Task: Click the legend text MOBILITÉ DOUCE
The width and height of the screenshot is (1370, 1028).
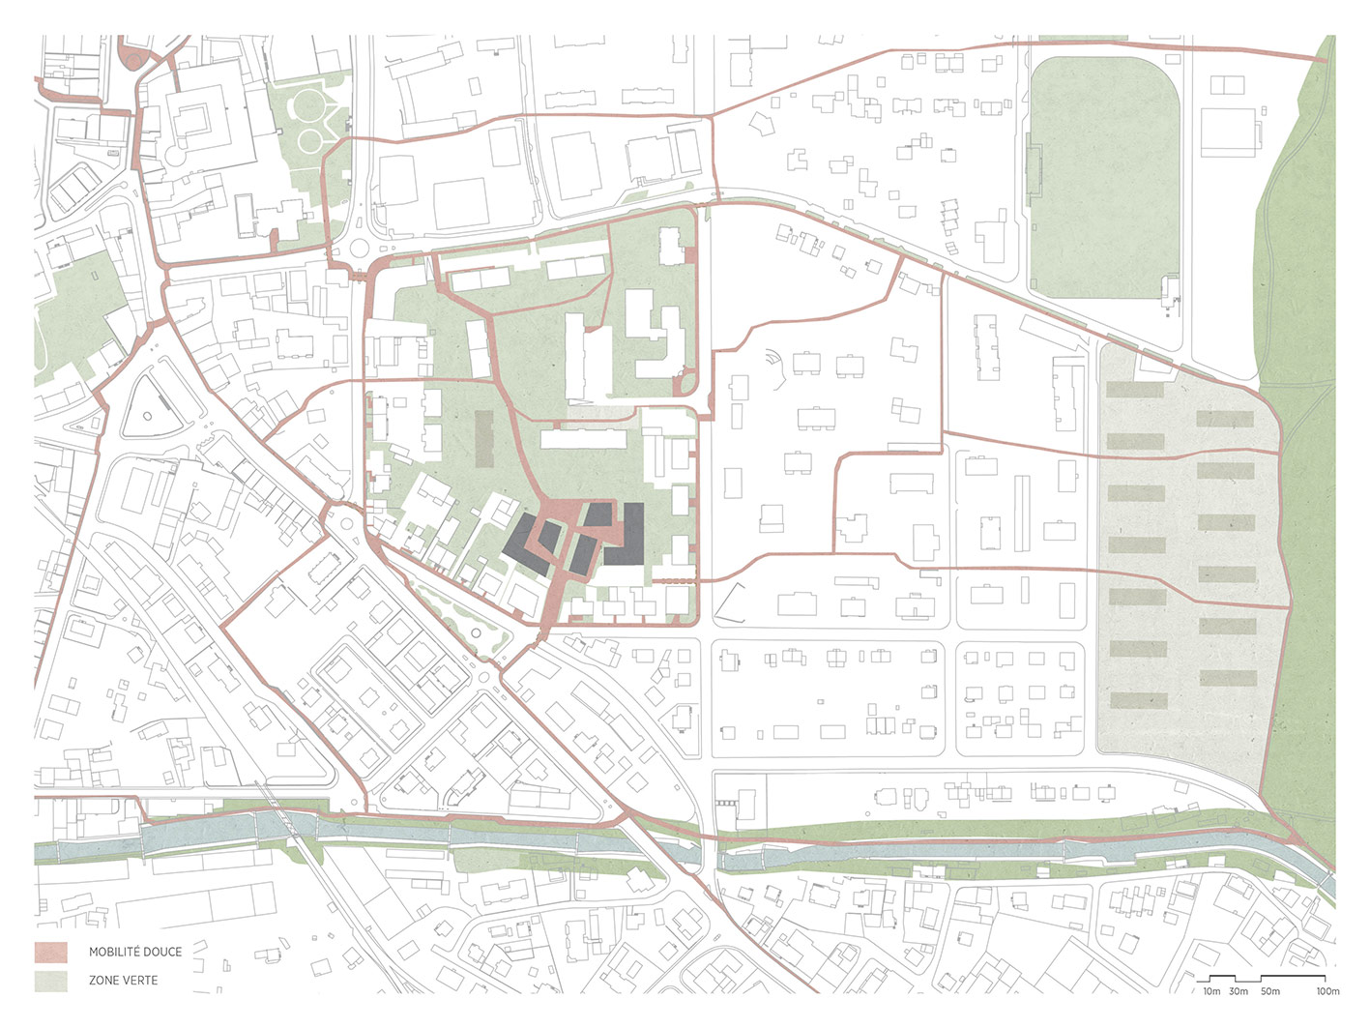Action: tap(135, 952)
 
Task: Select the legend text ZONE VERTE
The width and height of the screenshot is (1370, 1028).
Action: tap(123, 981)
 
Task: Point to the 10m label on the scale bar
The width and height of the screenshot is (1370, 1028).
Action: tap(1211, 991)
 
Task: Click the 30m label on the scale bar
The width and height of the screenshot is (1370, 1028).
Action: tap(1239, 991)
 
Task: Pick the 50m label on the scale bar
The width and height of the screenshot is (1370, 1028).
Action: tap(1270, 991)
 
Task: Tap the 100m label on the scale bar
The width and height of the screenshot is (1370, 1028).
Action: tap(1327, 991)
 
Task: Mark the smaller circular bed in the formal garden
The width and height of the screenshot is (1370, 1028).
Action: tap(310, 142)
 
